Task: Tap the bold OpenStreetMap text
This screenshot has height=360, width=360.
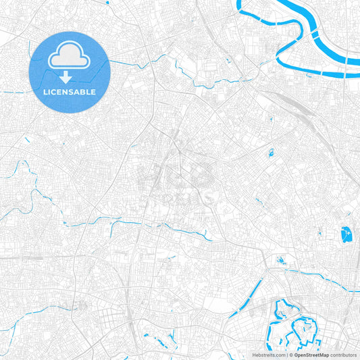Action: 311,354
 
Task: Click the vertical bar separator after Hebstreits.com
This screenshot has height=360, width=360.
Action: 286,354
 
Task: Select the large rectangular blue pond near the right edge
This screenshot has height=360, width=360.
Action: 348,235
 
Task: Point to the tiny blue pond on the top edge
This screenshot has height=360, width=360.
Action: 108,2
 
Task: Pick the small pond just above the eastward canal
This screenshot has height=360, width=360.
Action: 281,259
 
